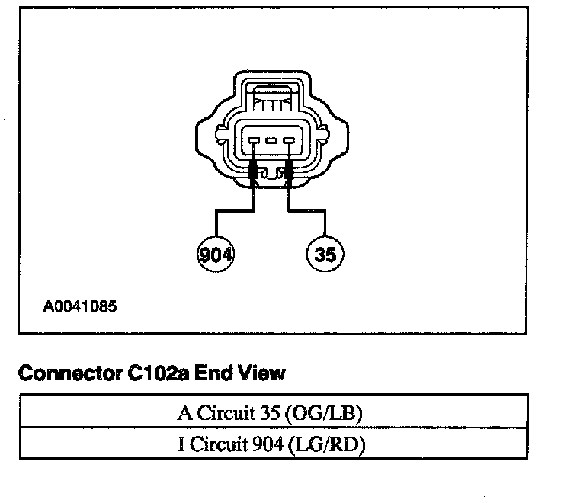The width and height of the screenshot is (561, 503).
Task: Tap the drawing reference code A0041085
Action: [x=80, y=308]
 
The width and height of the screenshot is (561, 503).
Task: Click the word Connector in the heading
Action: [x=65, y=373]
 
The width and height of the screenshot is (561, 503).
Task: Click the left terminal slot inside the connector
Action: [x=253, y=140]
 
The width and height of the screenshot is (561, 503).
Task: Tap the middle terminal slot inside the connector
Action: [x=271, y=140]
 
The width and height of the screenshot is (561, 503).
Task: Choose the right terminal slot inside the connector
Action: [x=288, y=140]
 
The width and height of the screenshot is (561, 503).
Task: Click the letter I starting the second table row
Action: [x=180, y=444]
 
